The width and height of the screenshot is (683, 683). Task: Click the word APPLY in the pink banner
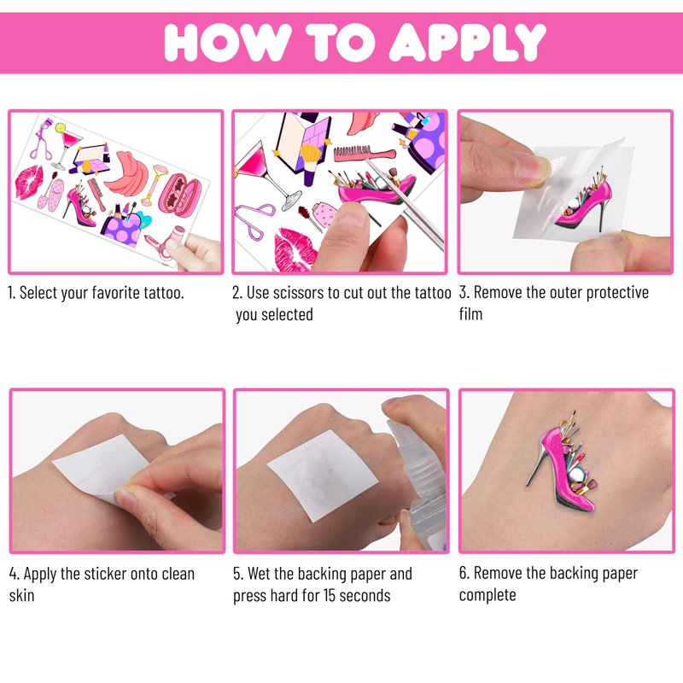tap(467, 42)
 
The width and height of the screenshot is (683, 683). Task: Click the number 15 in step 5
tap(329, 595)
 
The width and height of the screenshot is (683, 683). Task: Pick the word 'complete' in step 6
tap(487, 595)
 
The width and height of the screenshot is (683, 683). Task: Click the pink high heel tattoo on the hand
tap(563, 460)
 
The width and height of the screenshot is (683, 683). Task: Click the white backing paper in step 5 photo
tap(323, 475)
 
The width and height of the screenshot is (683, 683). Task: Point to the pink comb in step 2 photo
tap(365, 153)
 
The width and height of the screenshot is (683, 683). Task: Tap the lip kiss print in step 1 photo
tap(29, 182)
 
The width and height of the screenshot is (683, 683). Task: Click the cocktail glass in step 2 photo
tap(267, 175)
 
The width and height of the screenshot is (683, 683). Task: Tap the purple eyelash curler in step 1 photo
tap(42, 138)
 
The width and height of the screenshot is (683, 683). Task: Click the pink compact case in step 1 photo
tap(180, 196)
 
